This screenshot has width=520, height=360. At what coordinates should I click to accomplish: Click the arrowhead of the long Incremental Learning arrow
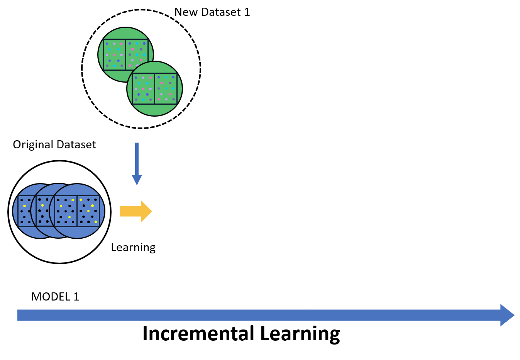pyautogui.click(x=507, y=315)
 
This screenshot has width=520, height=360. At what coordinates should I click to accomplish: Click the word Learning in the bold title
pyautogui.click(x=300, y=334)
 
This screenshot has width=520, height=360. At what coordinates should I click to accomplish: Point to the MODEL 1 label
pyautogui.click(x=55, y=297)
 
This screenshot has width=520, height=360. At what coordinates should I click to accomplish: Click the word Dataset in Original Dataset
pyautogui.click(x=76, y=144)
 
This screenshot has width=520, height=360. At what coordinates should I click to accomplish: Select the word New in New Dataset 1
pyautogui.click(x=186, y=12)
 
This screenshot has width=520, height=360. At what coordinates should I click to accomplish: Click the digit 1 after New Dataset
pyautogui.click(x=247, y=12)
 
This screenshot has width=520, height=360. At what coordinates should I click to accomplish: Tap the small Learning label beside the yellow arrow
pyautogui.click(x=133, y=247)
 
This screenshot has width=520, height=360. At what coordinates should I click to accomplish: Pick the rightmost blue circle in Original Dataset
pyautogui.click(x=77, y=232)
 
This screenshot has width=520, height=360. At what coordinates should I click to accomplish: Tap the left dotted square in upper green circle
pyautogui.click(x=114, y=54)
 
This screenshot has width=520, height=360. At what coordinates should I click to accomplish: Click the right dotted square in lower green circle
pyautogui.click(x=166, y=88)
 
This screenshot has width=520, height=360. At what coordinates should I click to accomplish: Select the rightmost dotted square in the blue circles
pyautogui.click(x=88, y=211)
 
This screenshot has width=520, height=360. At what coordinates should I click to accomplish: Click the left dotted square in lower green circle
pyautogui.click(x=144, y=88)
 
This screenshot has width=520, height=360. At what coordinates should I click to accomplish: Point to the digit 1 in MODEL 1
pyautogui.click(x=76, y=297)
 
